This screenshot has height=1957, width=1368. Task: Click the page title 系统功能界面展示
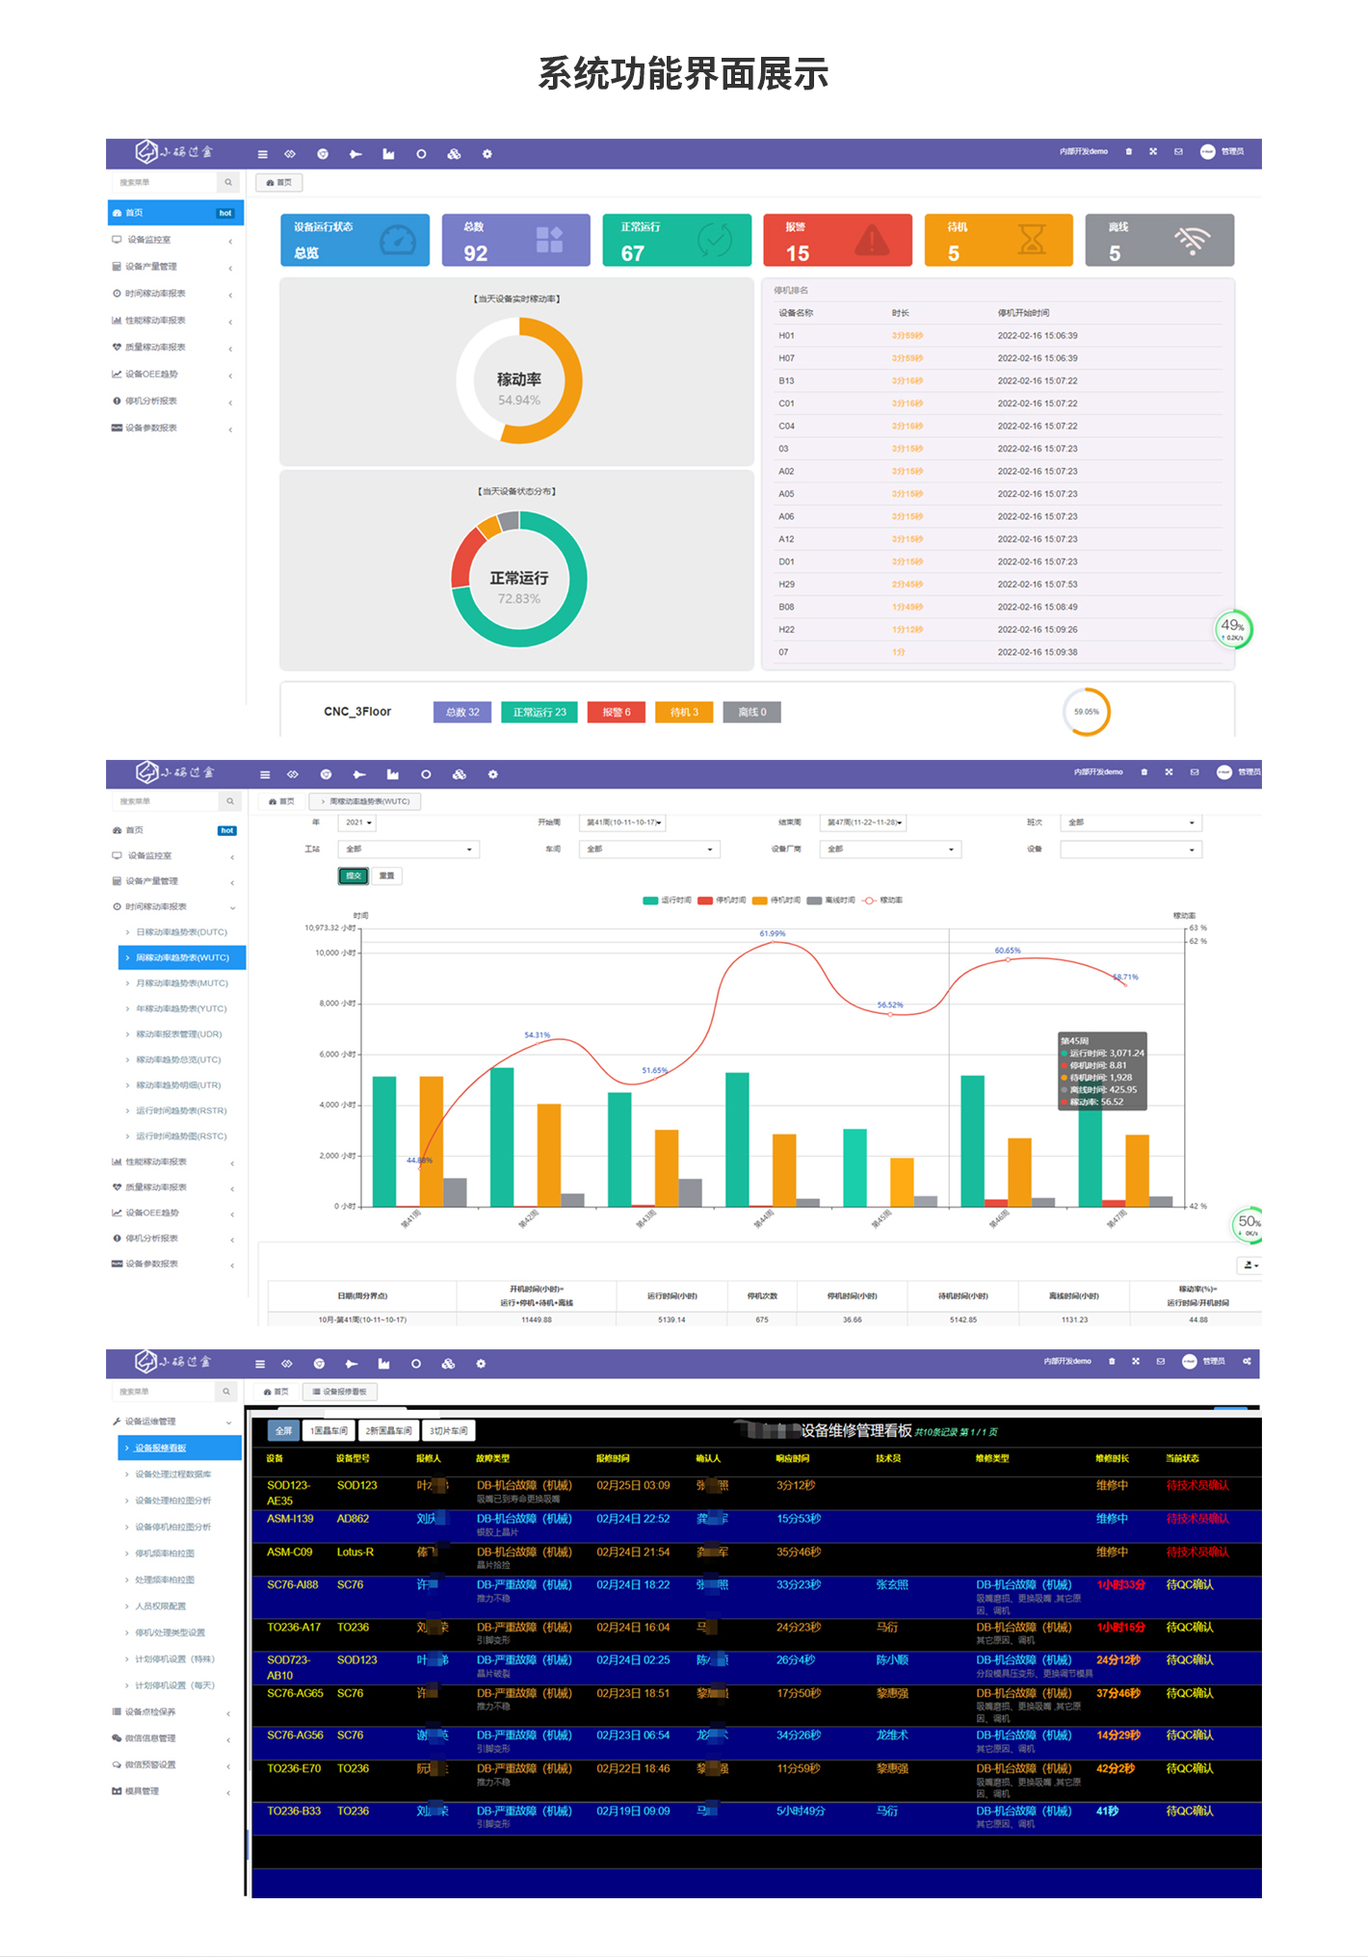tap(683, 74)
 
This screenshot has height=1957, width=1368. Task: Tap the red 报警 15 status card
tap(836, 240)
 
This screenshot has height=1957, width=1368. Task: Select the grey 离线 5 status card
tap(1158, 240)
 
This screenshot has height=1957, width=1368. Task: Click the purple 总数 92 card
tap(515, 240)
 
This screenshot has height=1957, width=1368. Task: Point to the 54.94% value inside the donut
tap(518, 401)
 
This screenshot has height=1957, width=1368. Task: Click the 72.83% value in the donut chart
tap(518, 599)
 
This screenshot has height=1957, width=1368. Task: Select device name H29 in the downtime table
tap(787, 585)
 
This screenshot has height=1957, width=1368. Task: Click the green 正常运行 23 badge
tap(539, 713)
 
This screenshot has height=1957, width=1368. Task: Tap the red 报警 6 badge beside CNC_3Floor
tap(617, 713)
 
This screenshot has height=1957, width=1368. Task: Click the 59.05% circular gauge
tap(1086, 712)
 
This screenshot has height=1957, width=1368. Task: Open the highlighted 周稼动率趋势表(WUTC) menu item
tap(182, 957)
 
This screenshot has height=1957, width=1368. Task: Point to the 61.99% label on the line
tap(772, 933)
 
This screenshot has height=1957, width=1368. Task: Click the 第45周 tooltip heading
tap(1074, 1041)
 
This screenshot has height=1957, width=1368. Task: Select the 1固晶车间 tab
tap(329, 1431)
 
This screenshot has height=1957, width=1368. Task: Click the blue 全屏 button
tap(283, 1431)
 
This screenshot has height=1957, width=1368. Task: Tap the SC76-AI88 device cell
tap(293, 1584)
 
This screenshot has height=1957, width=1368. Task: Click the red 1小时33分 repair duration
tap(1120, 1584)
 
